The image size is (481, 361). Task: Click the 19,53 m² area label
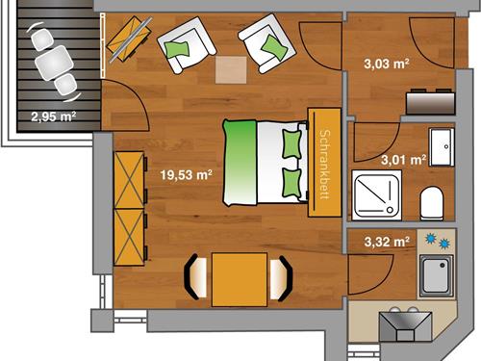tap(186, 175)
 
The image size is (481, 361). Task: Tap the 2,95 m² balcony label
tap(54, 116)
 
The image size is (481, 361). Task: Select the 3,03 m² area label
tap(387, 64)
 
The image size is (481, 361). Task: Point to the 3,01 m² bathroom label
tap(404, 160)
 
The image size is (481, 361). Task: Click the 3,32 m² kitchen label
tap(387, 242)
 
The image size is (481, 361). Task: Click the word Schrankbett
tap(325, 165)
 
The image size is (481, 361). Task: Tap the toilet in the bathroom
tap(432, 203)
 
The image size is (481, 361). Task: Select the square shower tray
tap(377, 195)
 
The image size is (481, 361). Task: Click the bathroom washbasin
tap(442, 147)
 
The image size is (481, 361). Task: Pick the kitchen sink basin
tap(436, 275)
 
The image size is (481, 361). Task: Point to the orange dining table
tap(240, 279)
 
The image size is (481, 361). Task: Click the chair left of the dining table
tap(195, 277)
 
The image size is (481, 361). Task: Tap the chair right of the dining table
tap(281, 278)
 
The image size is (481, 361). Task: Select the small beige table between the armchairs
tap(231, 70)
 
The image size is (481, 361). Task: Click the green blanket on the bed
tap(240, 163)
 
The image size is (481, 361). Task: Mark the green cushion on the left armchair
tap(176, 50)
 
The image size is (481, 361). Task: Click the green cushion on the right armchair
tap(274, 47)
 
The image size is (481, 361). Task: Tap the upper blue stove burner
tap(430, 239)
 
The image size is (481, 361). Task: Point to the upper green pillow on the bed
tap(291, 144)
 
